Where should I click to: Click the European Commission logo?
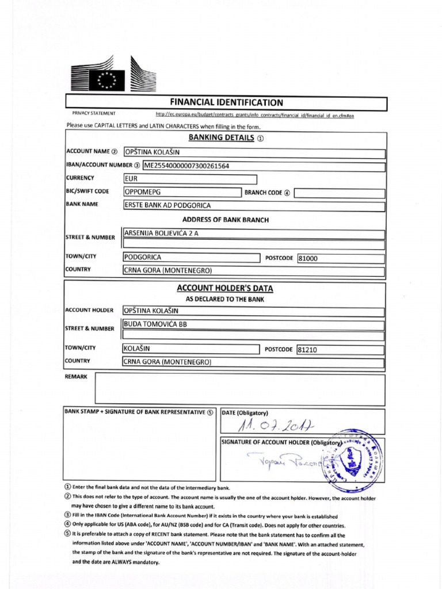pos(113,76)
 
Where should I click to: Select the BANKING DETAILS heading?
pos(221,138)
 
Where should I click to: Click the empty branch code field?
pos(339,193)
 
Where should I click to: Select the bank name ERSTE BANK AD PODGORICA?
pos(167,205)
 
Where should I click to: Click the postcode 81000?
pos(307,259)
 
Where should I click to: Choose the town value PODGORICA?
pos(143,258)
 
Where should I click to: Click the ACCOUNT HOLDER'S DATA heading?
pos(224,288)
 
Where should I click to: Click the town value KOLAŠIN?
pos(140,349)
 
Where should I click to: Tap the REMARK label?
pos(76,376)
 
